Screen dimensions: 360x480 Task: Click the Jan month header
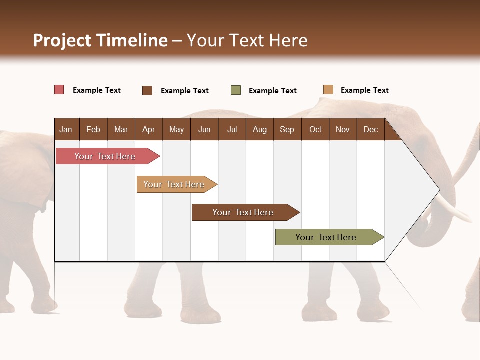pyautogui.click(x=66, y=129)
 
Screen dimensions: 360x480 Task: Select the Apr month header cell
pyautogui.click(x=148, y=129)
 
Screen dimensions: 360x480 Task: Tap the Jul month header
pyautogui.click(x=232, y=129)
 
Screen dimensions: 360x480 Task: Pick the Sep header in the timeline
pyautogui.click(x=287, y=129)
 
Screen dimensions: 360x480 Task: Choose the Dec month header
pyautogui.click(x=370, y=129)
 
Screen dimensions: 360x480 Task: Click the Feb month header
pyautogui.click(x=93, y=129)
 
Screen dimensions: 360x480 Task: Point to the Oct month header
pyautogui.click(x=315, y=129)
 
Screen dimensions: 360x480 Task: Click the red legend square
pyautogui.click(x=59, y=90)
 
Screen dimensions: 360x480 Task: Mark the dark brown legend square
pyautogui.click(x=147, y=90)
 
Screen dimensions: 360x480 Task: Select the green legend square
pyautogui.click(x=236, y=90)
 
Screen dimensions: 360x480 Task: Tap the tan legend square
pyautogui.click(x=328, y=90)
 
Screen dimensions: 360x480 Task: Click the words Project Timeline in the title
pyautogui.click(x=100, y=40)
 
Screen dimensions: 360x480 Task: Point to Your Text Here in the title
pyautogui.click(x=247, y=40)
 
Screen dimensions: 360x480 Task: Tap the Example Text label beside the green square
pyautogui.click(x=272, y=91)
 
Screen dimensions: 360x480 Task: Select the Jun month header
pyautogui.click(x=204, y=129)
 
